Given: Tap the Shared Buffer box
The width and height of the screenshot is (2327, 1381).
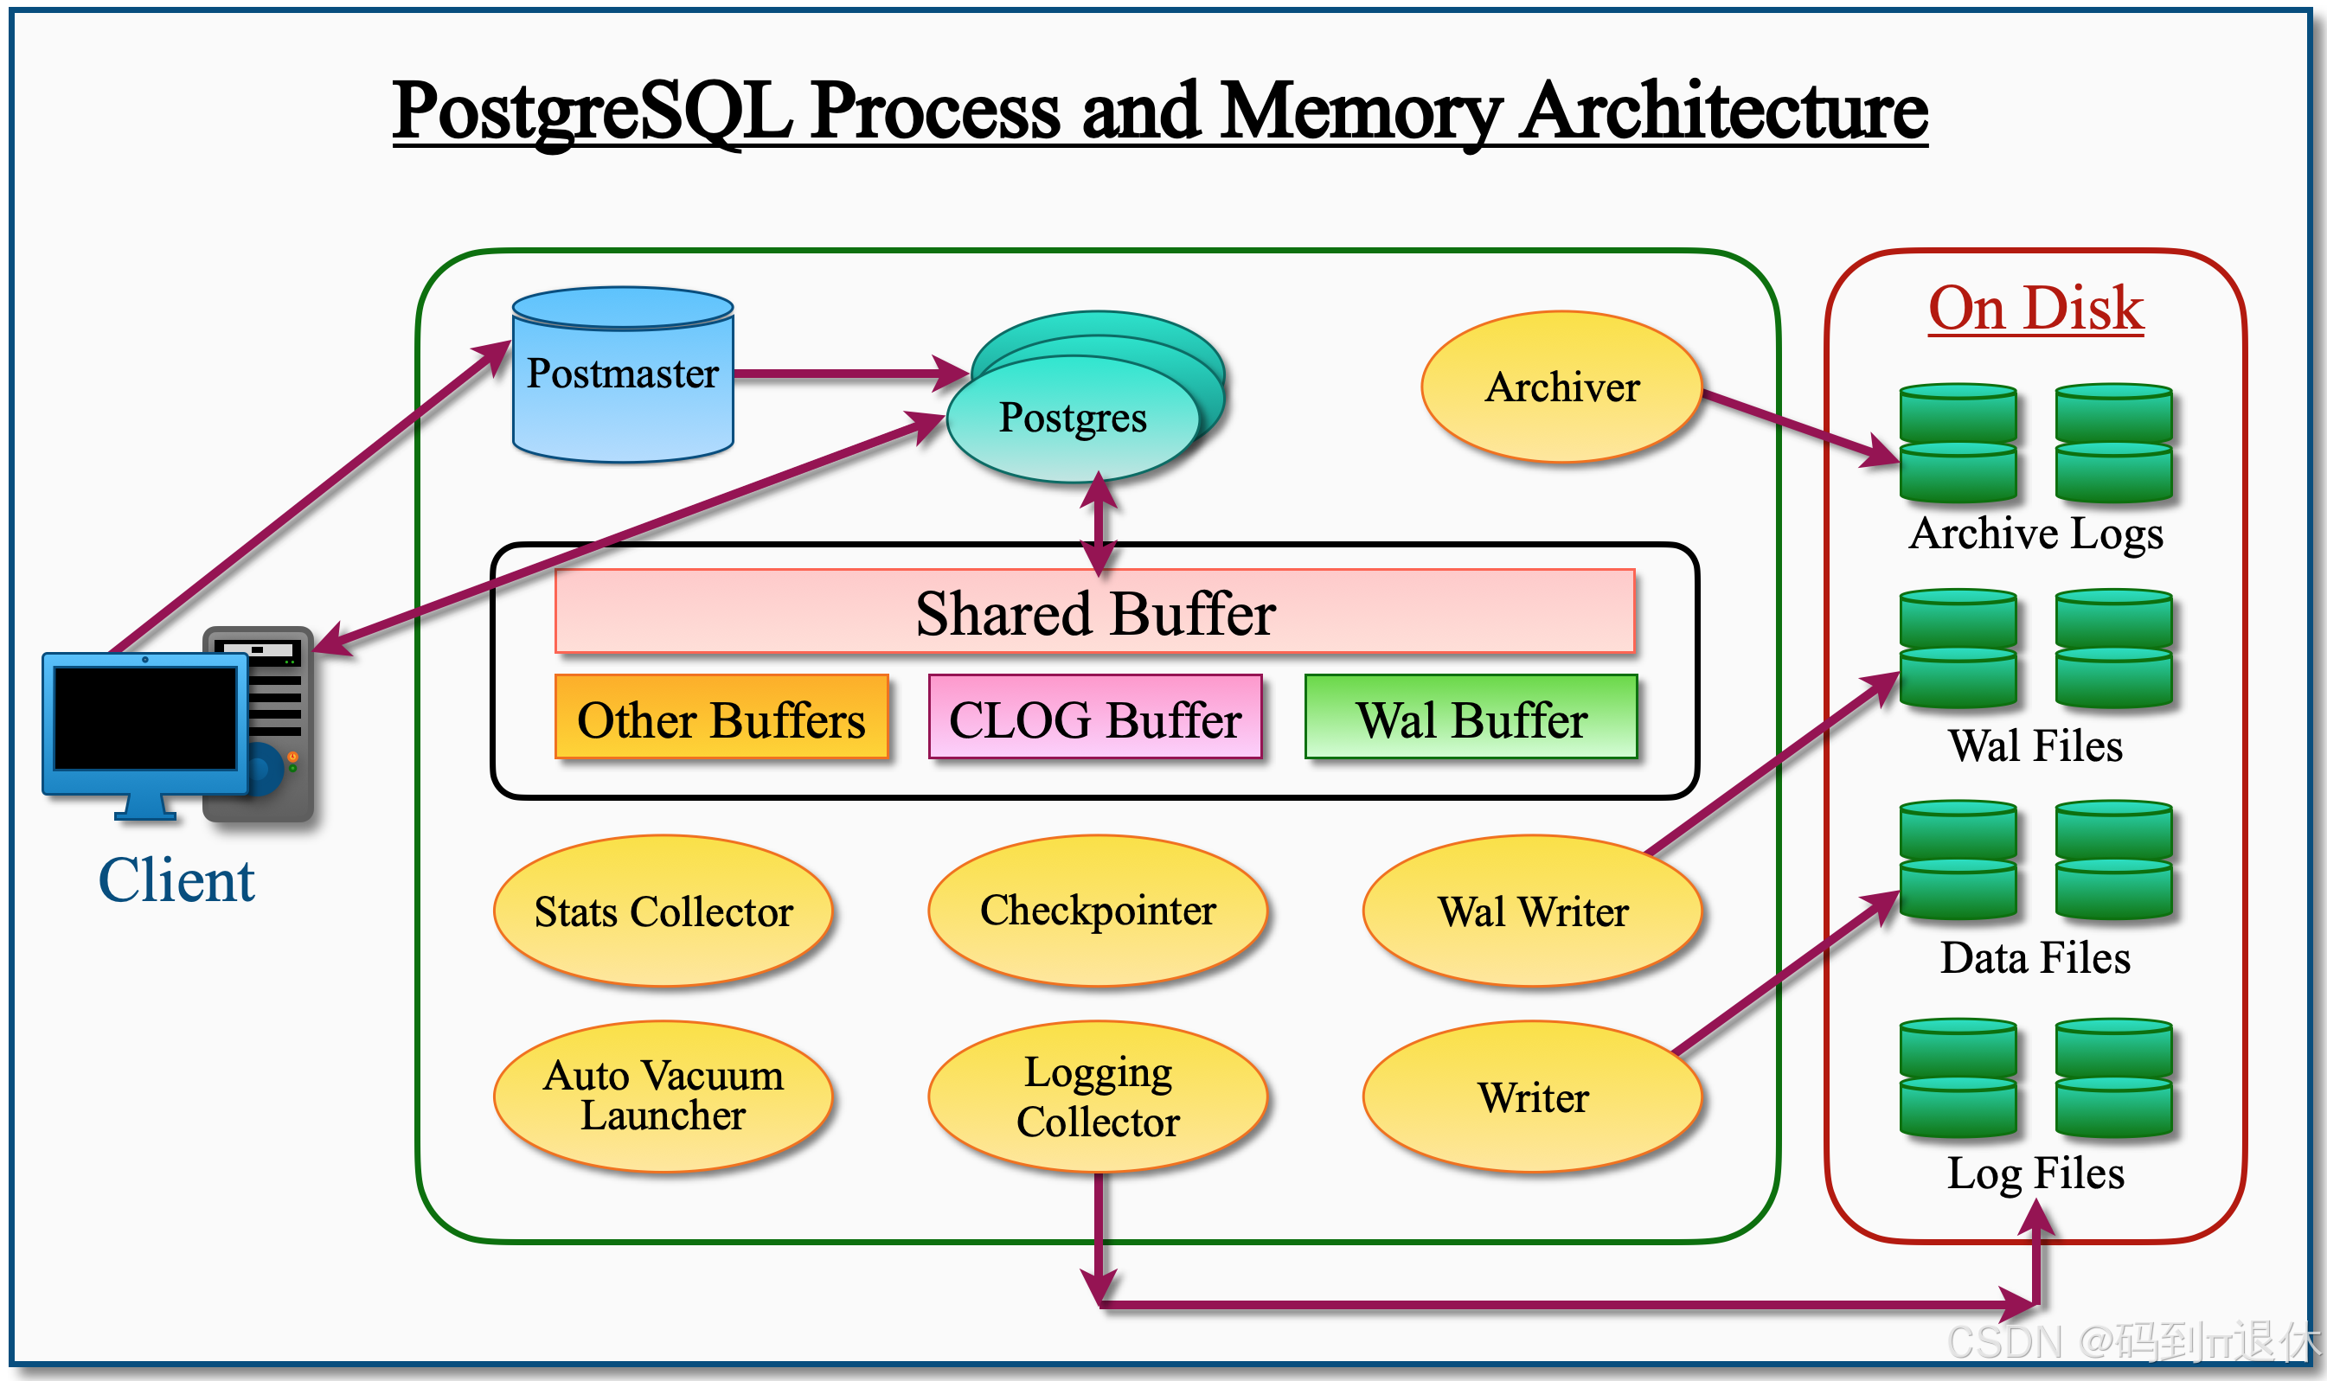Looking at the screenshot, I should click(1094, 612).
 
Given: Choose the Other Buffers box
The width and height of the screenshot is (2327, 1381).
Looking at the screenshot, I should click(721, 719).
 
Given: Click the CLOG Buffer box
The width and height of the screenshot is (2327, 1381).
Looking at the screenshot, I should click(1094, 719).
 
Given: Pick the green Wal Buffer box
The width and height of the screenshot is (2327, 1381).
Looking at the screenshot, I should click(1471, 719).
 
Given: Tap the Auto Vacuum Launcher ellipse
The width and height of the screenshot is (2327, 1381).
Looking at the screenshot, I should click(663, 1096).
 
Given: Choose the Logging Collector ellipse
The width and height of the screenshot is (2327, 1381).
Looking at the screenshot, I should click(1098, 1096).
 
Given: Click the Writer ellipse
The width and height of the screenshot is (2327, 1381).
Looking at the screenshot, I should click(1532, 1096).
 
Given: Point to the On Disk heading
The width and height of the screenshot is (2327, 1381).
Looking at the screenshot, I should click(2035, 308).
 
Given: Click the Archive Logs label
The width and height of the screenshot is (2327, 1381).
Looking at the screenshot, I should click(2035, 534).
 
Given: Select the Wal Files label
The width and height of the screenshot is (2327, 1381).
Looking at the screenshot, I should click(2035, 746).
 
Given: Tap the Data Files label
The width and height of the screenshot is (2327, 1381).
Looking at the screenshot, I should click(2035, 957).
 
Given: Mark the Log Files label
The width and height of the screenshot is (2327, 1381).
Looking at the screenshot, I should click(2035, 1173).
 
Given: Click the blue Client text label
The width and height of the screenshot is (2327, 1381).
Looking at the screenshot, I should click(176, 880).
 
